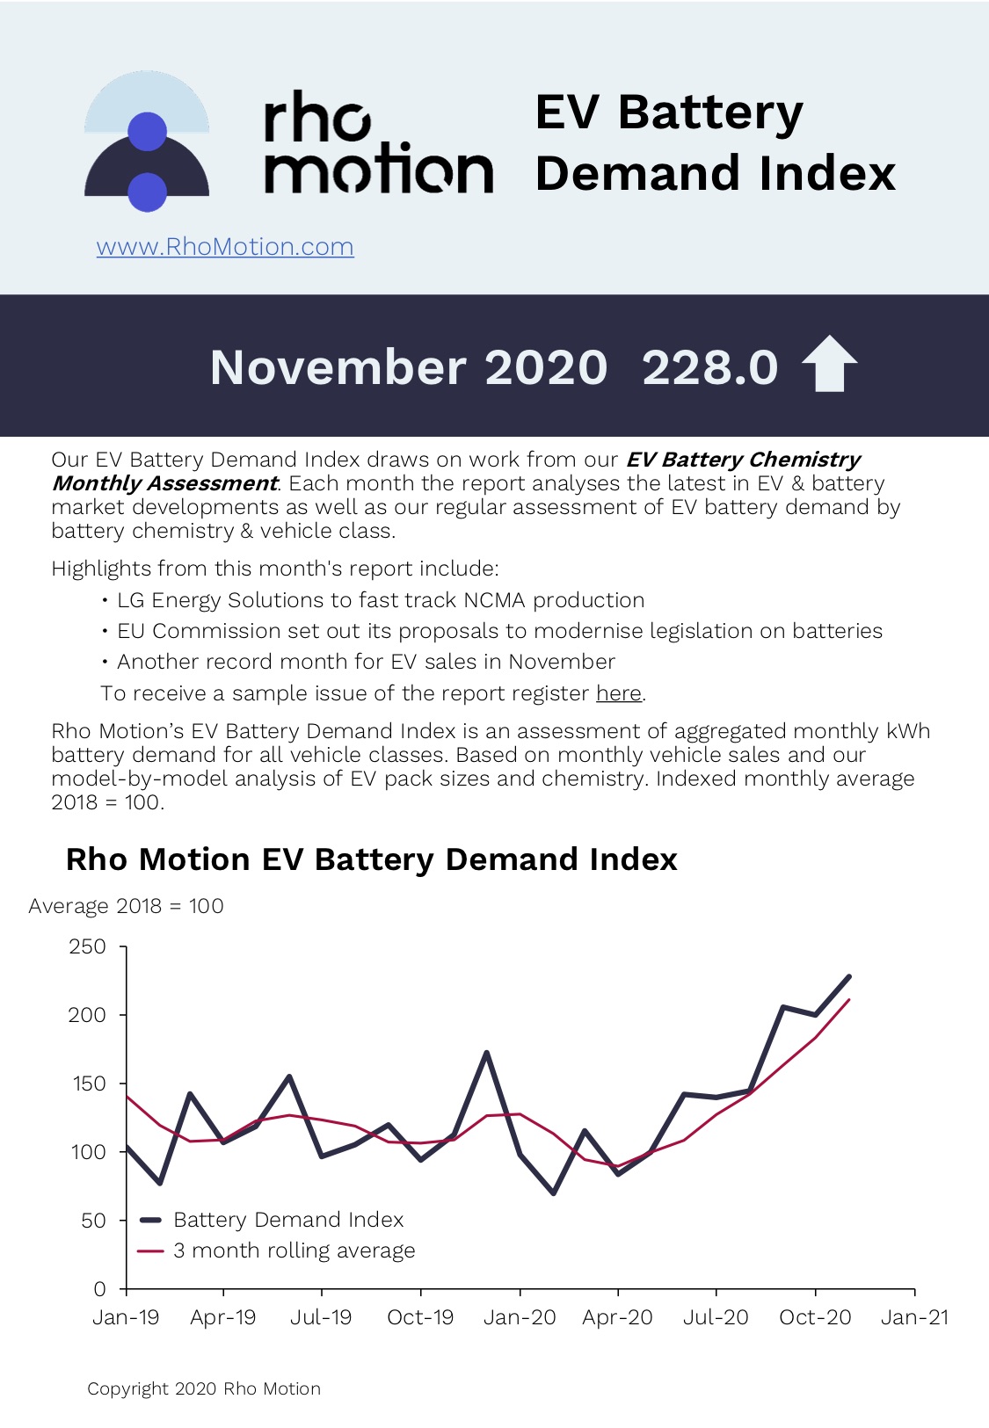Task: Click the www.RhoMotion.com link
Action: [x=225, y=247]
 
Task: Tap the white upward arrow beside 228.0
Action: [x=829, y=365]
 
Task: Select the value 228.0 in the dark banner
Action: [x=709, y=366]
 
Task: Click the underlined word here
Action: [x=619, y=693]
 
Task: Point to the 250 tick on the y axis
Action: [x=88, y=946]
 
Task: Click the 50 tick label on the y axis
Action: [x=93, y=1221]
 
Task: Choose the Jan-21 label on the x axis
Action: [x=914, y=1317]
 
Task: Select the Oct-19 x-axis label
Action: [x=420, y=1317]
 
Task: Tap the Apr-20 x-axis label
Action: [x=617, y=1317]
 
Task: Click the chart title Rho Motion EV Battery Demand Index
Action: [x=371, y=859]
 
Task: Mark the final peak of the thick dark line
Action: [x=848, y=976]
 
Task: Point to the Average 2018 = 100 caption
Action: [x=126, y=906]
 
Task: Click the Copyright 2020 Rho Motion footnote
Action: [x=204, y=1388]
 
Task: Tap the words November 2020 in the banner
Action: [x=409, y=366]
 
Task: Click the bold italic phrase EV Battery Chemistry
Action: [x=743, y=460]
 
